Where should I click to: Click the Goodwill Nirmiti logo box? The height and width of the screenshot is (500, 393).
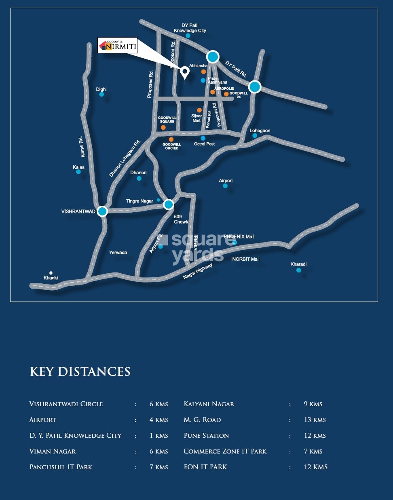click(118, 45)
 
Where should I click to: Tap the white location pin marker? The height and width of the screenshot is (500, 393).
click(185, 72)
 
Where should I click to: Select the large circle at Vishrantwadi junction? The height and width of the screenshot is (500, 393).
click(102, 211)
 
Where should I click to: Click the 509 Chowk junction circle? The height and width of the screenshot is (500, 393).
click(169, 205)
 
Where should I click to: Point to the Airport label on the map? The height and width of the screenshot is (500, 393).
click(226, 181)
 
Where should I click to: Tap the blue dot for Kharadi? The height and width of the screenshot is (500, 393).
click(298, 270)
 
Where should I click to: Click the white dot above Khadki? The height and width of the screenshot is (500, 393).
click(51, 273)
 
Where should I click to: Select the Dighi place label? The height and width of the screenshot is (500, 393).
click(101, 89)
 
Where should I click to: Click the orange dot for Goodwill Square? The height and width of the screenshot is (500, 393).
click(163, 127)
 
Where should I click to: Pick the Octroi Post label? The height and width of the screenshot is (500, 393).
click(204, 144)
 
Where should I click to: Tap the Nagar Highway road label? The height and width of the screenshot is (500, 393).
click(198, 271)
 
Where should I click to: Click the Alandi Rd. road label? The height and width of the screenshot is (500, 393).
click(82, 147)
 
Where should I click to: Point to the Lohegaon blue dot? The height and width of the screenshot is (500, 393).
click(255, 135)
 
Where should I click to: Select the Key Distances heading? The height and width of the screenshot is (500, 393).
click(80, 372)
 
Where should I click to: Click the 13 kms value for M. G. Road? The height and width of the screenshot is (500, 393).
click(315, 420)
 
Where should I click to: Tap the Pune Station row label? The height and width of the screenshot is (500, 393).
click(206, 435)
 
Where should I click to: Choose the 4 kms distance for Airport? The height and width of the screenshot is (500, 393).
click(158, 420)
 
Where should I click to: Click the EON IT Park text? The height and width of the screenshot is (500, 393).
click(205, 467)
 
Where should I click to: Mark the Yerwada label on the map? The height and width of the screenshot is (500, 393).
click(118, 253)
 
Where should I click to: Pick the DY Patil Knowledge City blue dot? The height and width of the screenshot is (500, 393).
click(188, 36)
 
